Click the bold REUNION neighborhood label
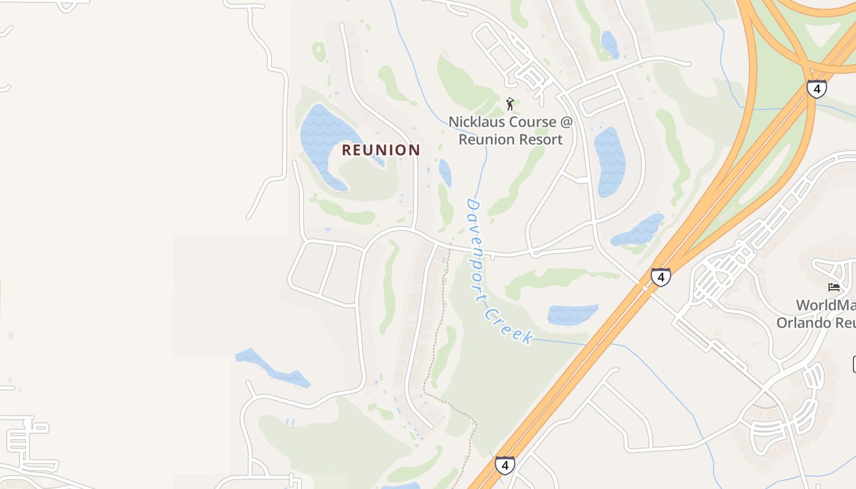381,150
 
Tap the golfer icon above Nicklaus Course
510,104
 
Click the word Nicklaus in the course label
474,122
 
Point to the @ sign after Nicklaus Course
566,122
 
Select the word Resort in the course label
541,139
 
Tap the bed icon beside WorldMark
834,287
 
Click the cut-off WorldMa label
825,304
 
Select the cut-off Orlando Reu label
816,322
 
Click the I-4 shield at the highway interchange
816,89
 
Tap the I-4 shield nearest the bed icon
660,277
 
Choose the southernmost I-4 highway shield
504,465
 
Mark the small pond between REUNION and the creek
445,172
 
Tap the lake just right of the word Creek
572,314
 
